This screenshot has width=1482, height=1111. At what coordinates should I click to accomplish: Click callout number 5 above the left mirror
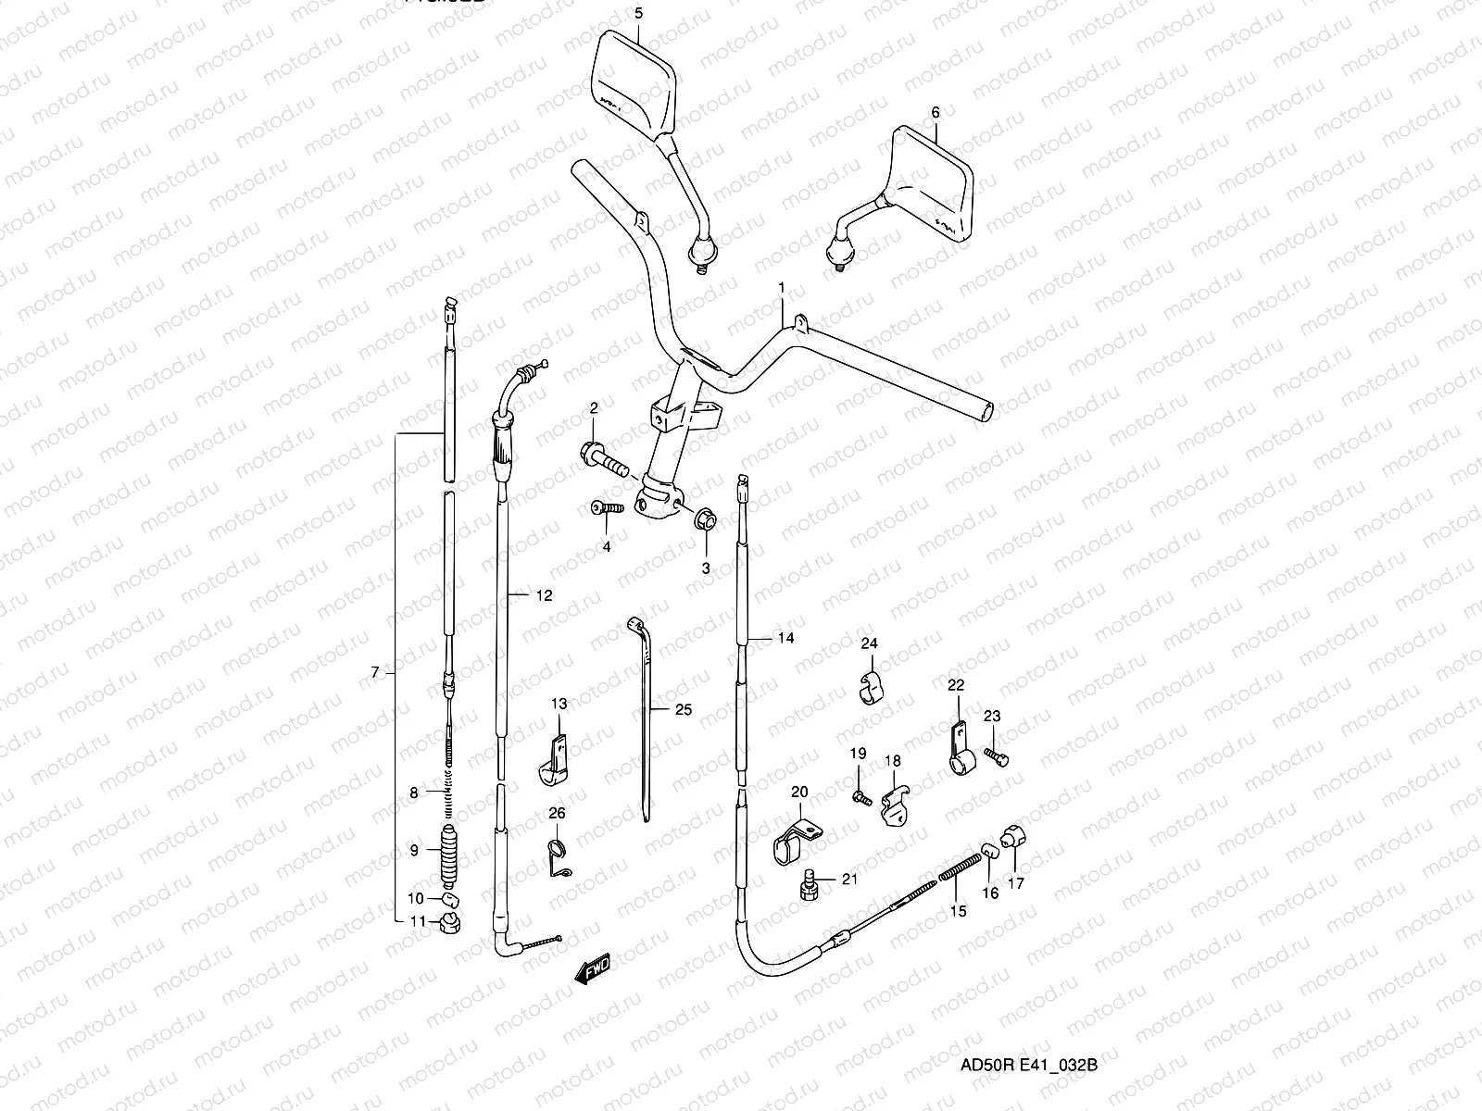(x=637, y=13)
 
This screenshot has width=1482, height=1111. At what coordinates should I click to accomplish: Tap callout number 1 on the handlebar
(x=781, y=288)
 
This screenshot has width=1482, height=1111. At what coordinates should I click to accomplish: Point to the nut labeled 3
(x=705, y=519)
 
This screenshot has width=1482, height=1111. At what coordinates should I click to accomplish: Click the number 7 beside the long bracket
(x=374, y=673)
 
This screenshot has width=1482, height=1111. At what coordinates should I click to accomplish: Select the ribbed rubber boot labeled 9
(x=448, y=853)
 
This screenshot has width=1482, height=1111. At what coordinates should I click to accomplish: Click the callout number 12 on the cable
(x=544, y=595)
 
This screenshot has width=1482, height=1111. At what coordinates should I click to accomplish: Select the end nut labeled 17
(x=1013, y=838)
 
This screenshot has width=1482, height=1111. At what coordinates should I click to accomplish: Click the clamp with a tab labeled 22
(x=960, y=751)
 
